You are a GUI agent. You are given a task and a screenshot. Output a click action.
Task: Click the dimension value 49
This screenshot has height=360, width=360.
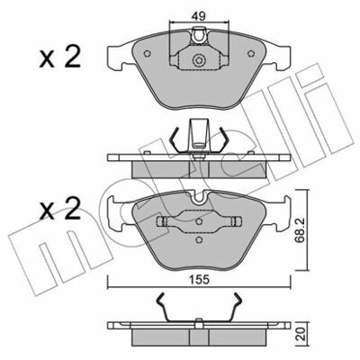(x=199, y=15)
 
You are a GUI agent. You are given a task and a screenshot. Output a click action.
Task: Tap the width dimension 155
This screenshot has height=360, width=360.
(x=199, y=280)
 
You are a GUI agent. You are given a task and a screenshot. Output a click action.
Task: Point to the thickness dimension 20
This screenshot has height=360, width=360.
(x=302, y=334)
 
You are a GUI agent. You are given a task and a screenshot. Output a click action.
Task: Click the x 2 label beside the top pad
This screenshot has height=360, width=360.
(x=60, y=56)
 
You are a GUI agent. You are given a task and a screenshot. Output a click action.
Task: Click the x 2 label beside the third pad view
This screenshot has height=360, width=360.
(x=60, y=208)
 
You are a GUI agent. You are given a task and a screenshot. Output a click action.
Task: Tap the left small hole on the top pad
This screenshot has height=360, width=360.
(x=147, y=53)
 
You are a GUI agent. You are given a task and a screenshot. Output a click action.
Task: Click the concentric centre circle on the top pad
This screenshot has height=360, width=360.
(x=198, y=61)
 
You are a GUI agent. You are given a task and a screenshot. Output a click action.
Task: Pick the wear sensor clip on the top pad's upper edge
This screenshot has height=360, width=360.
(x=199, y=35)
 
